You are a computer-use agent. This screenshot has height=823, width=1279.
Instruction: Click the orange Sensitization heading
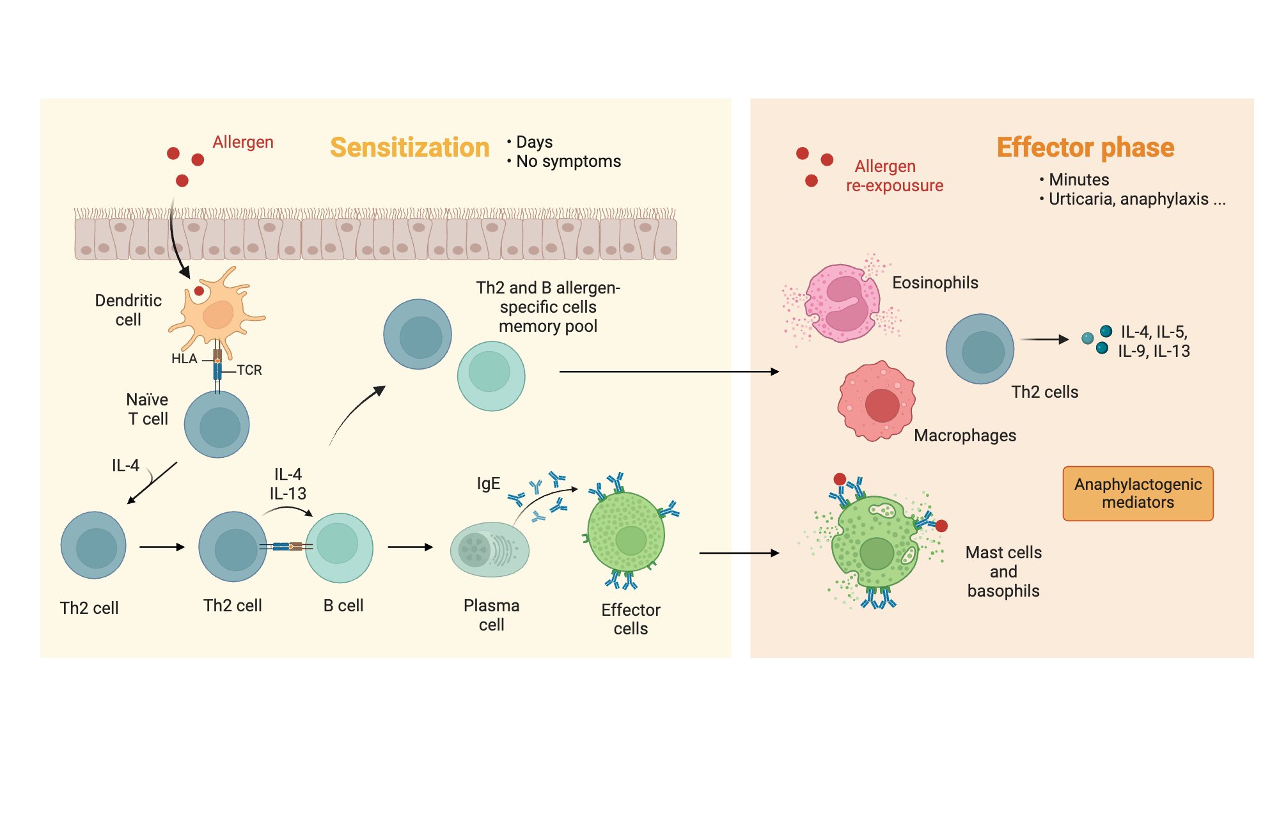click(x=409, y=148)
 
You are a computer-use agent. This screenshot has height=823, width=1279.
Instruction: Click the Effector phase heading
click(x=1085, y=148)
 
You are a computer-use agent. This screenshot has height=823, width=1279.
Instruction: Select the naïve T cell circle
click(x=217, y=425)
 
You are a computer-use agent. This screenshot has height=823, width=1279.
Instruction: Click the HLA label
click(x=184, y=359)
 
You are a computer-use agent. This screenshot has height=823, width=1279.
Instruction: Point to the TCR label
click(x=249, y=370)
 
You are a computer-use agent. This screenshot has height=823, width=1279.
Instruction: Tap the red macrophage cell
click(x=877, y=402)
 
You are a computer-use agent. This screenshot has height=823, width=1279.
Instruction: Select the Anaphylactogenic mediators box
click(x=1138, y=493)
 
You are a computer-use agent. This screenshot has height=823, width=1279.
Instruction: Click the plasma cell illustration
click(x=490, y=549)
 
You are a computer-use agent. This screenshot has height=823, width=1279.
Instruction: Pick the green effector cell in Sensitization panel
click(x=626, y=532)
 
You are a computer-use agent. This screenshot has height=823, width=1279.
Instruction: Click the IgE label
click(x=488, y=483)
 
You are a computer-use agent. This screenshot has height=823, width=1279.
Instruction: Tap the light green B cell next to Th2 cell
click(x=339, y=547)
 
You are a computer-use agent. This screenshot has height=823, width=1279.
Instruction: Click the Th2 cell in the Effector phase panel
click(x=980, y=349)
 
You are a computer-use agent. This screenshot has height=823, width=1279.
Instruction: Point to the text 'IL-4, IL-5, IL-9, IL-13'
click(x=1154, y=341)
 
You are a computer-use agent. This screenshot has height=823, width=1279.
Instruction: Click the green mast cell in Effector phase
click(x=875, y=543)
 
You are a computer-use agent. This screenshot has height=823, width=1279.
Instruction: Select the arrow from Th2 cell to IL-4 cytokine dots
click(x=1044, y=340)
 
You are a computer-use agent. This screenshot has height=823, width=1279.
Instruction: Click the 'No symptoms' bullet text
click(x=568, y=161)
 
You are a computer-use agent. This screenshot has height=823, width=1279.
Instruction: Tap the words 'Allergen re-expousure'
click(x=894, y=176)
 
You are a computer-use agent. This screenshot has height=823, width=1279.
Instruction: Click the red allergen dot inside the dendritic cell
click(x=199, y=291)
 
